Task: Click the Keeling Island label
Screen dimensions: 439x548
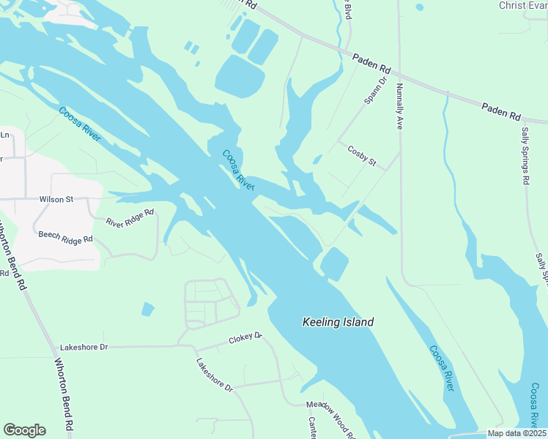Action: coord(338,322)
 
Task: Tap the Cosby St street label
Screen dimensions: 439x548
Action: coord(361,156)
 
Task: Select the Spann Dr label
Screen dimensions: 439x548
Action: coord(374,91)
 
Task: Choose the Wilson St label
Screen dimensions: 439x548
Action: coord(56,198)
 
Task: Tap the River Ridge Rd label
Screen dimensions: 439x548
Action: coord(130,217)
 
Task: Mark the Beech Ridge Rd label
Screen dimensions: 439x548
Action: coord(66,239)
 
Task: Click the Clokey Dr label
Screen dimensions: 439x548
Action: coord(245,337)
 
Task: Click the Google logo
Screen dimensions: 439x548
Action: coord(24,430)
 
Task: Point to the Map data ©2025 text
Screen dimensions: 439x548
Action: coord(516,433)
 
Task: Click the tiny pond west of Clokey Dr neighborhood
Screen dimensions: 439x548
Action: coord(147,309)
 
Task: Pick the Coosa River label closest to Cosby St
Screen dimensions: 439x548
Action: coord(238,170)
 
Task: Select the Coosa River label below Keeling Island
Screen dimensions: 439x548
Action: coord(442,368)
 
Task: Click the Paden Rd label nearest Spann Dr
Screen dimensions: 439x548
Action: coord(371,64)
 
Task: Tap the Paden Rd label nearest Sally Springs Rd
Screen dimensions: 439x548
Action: coord(500,112)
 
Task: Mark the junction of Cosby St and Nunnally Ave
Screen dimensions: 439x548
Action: coord(400,154)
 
